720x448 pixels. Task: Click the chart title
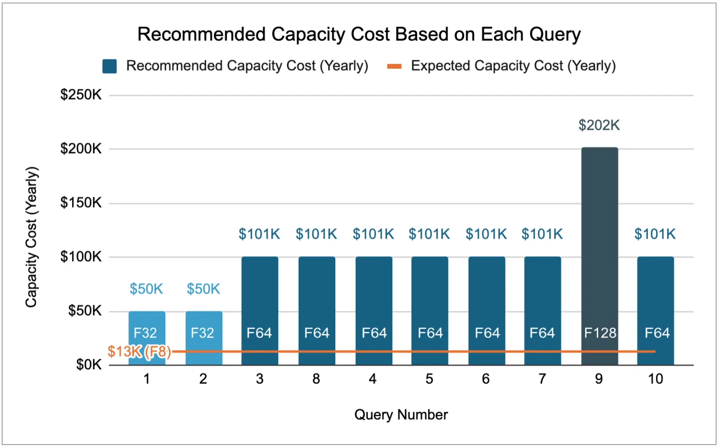coord(359,34)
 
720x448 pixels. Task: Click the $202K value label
coord(599,125)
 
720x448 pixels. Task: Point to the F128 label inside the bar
coord(600,333)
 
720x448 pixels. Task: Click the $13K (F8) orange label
coord(139,351)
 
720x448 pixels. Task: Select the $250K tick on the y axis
coord(81,95)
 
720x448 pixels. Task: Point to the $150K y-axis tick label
coord(81,202)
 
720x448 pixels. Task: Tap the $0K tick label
coord(89,364)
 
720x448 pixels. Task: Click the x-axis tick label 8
coord(316,379)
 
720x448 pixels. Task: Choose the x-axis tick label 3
coord(260,379)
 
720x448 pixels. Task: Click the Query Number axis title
coord(401,415)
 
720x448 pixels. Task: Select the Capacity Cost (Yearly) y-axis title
coord(31,237)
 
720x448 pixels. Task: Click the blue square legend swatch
coord(110,66)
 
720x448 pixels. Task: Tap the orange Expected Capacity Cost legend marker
coord(394,66)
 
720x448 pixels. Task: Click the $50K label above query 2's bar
coord(203,289)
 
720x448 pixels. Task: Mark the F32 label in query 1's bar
coord(145,333)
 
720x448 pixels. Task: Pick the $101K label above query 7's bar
coord(542,234)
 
